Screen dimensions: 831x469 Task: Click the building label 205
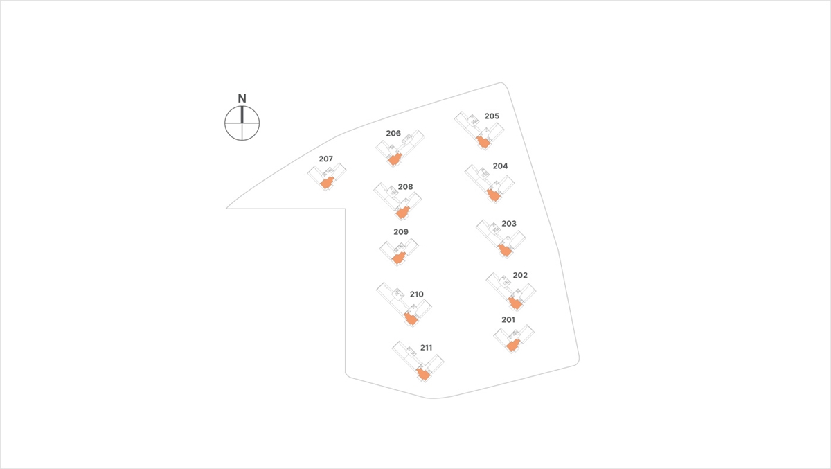[x=492, y=116]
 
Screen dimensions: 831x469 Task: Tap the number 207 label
[x=325, y=159]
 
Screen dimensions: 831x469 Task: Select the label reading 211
[x=426, y=348]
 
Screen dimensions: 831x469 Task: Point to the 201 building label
[x=508, y=320]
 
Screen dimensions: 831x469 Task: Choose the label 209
[x=401, y=232]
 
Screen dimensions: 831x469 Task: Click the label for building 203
[x=508, y=224]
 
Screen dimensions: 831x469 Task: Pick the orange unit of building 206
[x=395, y=159]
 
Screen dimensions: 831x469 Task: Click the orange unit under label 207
[x=327, y=183]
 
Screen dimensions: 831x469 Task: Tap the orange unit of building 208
[x=402, y=213]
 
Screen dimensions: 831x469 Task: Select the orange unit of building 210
[x=411, y=319]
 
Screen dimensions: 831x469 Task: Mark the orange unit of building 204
[x=493, y=195]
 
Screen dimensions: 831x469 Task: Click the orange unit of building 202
[x=515, y=303]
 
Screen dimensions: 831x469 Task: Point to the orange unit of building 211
[x=423, y=373]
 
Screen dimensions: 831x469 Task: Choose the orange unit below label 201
[x=513, y=346]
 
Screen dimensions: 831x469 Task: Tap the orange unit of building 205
[x=483, y=142]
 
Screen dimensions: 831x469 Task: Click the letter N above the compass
[x=242, y=98]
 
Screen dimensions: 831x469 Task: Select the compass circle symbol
[x=242, y=123]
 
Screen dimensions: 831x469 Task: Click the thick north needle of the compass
[x=242, y=115]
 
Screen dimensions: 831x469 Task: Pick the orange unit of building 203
[x=505, y=249]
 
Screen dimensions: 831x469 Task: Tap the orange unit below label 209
[x=399, y=258]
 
